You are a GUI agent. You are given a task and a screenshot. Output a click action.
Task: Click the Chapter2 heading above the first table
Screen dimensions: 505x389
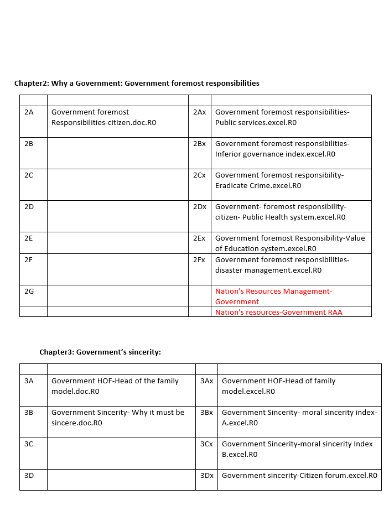(x=137, y=84)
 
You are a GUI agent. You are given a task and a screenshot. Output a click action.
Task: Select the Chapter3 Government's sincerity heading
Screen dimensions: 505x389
(x=100, y=352)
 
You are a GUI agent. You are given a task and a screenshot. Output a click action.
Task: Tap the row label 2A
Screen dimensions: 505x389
(x=29, y=112)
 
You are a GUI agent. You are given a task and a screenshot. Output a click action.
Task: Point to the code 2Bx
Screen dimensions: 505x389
(x=199, y=144)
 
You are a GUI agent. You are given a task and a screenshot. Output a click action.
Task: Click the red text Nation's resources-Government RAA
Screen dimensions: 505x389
(x=278, y=313)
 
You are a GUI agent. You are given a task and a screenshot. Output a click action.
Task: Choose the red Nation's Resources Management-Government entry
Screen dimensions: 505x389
(x=273, y=296)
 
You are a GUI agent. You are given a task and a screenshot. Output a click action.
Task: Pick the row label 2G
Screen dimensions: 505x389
(x=29, y=291)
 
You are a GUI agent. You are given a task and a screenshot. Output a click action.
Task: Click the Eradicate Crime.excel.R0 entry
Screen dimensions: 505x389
(x=279, y=180)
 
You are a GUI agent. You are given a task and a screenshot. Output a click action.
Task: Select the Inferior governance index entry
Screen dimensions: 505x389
(x=282, y=149)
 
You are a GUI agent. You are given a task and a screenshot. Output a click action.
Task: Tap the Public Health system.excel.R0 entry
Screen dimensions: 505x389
(x=280, y=212)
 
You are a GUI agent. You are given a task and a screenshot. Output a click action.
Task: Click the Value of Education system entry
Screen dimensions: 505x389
(x=289, y=243)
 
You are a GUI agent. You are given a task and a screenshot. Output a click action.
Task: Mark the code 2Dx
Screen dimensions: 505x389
(x=199, y=207)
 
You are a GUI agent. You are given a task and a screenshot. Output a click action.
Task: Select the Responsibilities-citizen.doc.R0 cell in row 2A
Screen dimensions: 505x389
(x=103, y=117)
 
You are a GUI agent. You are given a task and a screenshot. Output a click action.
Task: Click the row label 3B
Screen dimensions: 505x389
(x=29, y=413)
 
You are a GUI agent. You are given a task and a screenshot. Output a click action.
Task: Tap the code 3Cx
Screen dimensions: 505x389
(x=206, y=444)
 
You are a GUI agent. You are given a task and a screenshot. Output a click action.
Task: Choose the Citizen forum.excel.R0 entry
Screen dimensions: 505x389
(x=299, y=476)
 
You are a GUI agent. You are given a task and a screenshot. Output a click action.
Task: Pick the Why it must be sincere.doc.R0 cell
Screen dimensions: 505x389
(x=117, y=418)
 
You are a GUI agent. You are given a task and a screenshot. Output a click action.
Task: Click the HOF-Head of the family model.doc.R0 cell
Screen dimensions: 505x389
(x=115, y=386)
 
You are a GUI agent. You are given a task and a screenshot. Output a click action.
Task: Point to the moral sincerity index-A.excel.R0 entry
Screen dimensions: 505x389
(x=299, y=418)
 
